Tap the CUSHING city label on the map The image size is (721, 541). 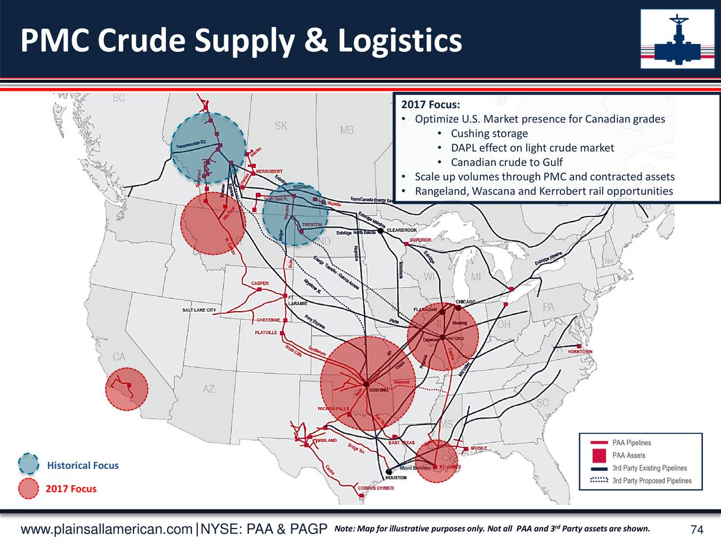click(x=379, y=390)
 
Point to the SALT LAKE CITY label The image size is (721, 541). click(x=199, y=311)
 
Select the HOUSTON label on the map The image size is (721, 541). click(x=396, y=478)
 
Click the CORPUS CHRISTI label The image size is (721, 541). click(x=376, y=488)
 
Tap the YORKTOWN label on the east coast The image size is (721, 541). click(x=580, y=352)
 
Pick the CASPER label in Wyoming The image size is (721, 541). click(x=260, y=283)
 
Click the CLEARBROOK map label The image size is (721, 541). click(x=402, y=230)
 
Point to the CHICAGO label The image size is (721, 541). click(x=465, y=302)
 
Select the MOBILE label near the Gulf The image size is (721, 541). click(x=479, y=448)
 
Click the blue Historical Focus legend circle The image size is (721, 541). click(x=28, y=464)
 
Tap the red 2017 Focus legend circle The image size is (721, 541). click(x=28, y=489)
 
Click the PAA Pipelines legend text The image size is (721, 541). click(x=631, y=443)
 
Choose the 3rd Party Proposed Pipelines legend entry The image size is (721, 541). click(x=652, y=481)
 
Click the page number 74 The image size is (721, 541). click(x=697, y=530)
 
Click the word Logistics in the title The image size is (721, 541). click(x=399, y=41)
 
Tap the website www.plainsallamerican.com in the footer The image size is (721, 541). click(x=106, y=530)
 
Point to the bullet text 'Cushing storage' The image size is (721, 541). click(x=489, y=134)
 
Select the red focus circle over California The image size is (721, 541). click(x=127, y=389)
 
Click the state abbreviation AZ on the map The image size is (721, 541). click(x=208, y=389)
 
